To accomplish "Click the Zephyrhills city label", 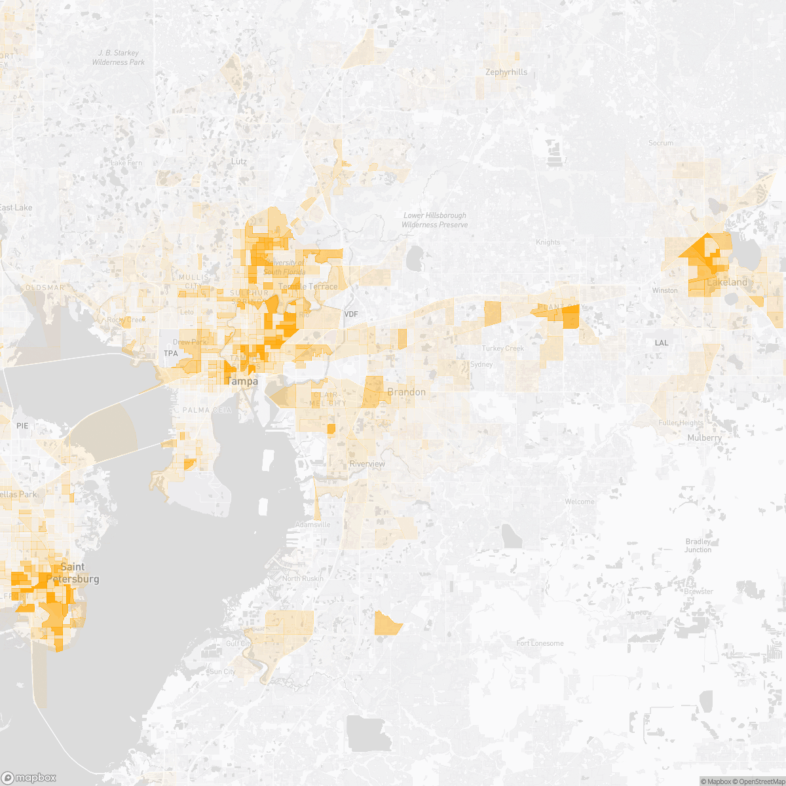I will (x=506, y=72).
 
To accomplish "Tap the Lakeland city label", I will (x=727, y=282).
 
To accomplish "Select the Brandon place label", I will (x=406, y=392).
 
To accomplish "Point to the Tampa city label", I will (x=242, y=381).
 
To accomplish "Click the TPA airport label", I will (x=170, y=354).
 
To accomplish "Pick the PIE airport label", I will (x=22, y=426).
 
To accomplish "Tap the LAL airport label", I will (x=662, y=343).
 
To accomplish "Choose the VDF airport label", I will (x=351, y=315).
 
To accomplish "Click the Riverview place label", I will (x=367, y=464).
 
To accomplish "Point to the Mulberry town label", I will (x=704, y=438).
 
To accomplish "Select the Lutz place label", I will (x=239, y=161).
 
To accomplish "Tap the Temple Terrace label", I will (x=309, y=287).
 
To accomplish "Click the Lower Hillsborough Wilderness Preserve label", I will (x=436, y=220).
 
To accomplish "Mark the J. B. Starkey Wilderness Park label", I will (x=119, y=58).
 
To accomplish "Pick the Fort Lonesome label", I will (x=540, y=643).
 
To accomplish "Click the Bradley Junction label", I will (x=698, y=546).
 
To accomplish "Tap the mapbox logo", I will (x=30, y=777).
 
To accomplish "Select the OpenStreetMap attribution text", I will (x=759, y=781).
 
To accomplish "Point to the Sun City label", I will (x=222, y=672).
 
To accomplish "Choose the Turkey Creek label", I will (x=502, y=348).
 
